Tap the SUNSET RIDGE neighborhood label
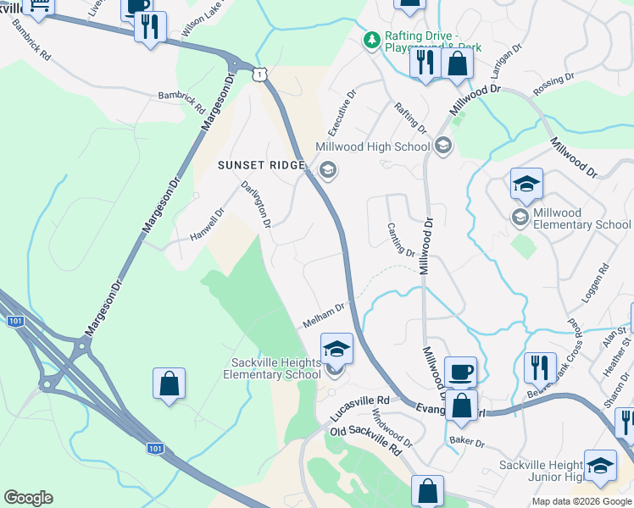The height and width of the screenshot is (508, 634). (261, 165)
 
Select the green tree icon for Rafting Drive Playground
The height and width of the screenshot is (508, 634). (371, 40)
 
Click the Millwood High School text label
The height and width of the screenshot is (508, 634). (372, 146)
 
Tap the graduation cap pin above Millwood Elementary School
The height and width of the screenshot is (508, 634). (526, 184)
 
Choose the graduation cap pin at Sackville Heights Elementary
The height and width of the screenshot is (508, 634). (336, 348)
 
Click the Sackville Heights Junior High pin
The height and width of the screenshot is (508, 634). (600, 467)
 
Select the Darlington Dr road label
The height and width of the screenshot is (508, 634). (255, 205)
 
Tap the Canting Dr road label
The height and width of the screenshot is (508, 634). (401, 240)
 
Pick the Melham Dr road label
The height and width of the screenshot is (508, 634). (325, 317)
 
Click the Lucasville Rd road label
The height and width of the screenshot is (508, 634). (359, 408)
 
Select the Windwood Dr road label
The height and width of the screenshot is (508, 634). (392, 430)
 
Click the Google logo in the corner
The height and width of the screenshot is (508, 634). (28, 498)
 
